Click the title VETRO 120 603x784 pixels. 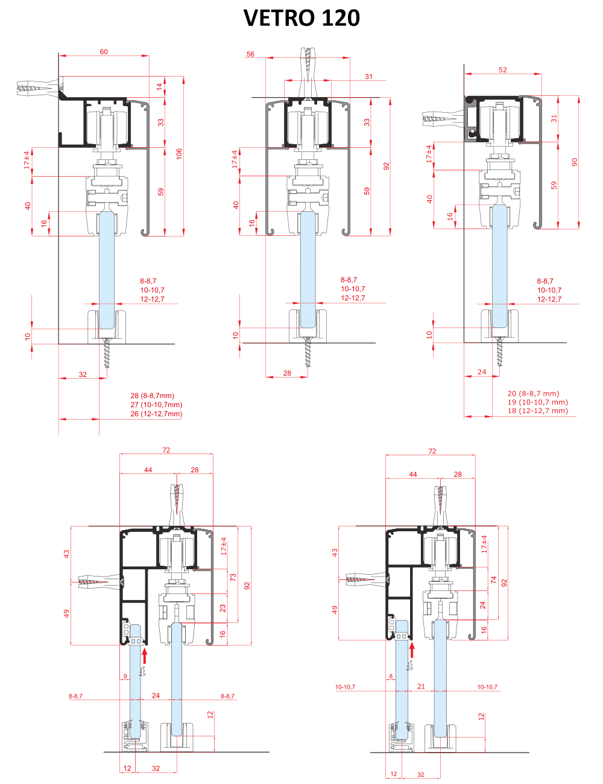(301, 17)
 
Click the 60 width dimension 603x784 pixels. (104, 52)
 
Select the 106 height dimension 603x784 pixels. (179, 154)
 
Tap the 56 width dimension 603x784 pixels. (250, 54)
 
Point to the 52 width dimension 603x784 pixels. (503, 69)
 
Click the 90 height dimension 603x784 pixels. (575, 162)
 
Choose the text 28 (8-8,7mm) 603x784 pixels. (152, 396)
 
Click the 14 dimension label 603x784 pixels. (160, 87)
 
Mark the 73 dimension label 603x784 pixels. (233, 577)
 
